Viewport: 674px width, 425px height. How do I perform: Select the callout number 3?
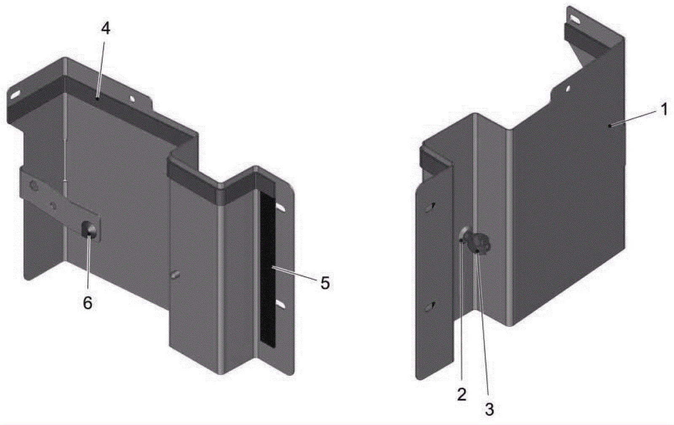click(489, 409)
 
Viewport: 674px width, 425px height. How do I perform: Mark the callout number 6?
click(88, 303)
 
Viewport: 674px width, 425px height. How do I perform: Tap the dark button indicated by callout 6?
click(89, 230)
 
